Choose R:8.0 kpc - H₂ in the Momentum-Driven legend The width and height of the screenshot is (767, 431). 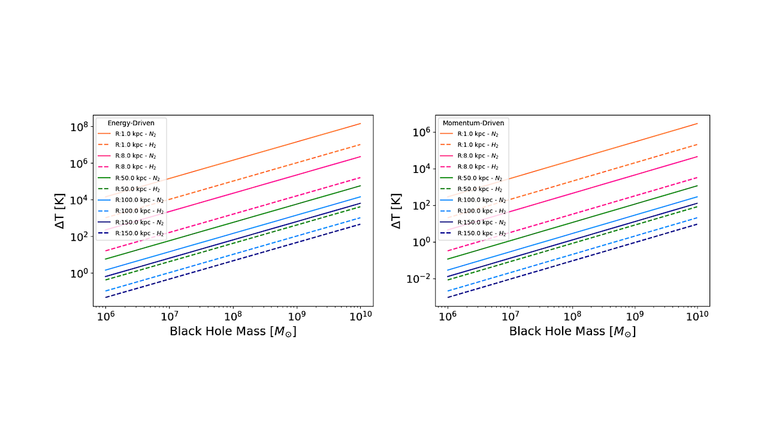point(478,167)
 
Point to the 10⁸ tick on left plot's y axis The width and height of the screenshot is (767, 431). point(79,127)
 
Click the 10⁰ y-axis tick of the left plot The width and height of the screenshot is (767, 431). point(79,273)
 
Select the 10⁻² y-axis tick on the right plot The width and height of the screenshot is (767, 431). point(418,279)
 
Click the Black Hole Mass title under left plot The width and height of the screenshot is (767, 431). point(232,331)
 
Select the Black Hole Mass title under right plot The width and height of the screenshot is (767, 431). point(572,331)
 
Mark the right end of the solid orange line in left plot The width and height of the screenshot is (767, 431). point(360,123)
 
